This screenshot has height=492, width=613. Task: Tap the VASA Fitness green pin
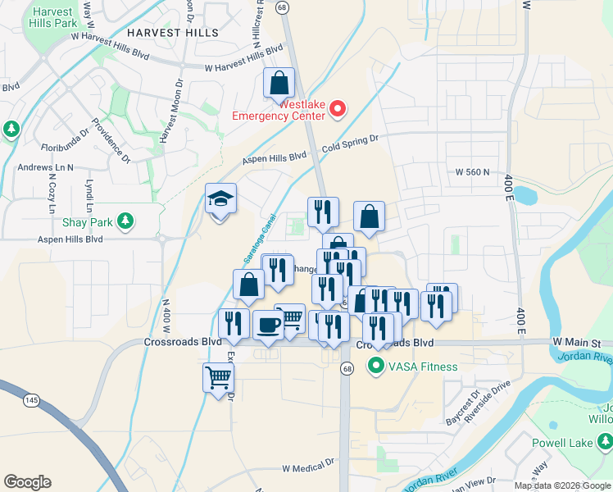[377, 366]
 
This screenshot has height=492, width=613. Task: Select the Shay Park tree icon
[125, 221]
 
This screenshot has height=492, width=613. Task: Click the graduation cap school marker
[220, 199]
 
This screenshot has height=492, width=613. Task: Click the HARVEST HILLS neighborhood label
[173, 33]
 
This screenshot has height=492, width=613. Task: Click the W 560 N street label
[472, 172]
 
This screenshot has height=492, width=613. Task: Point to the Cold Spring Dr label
[350, 143]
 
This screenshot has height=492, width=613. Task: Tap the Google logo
[27, 481]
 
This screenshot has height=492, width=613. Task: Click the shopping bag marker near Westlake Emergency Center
[279, 83]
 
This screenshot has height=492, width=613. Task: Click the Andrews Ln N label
[46, 167]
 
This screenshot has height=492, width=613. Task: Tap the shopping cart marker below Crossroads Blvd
[218, 378]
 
